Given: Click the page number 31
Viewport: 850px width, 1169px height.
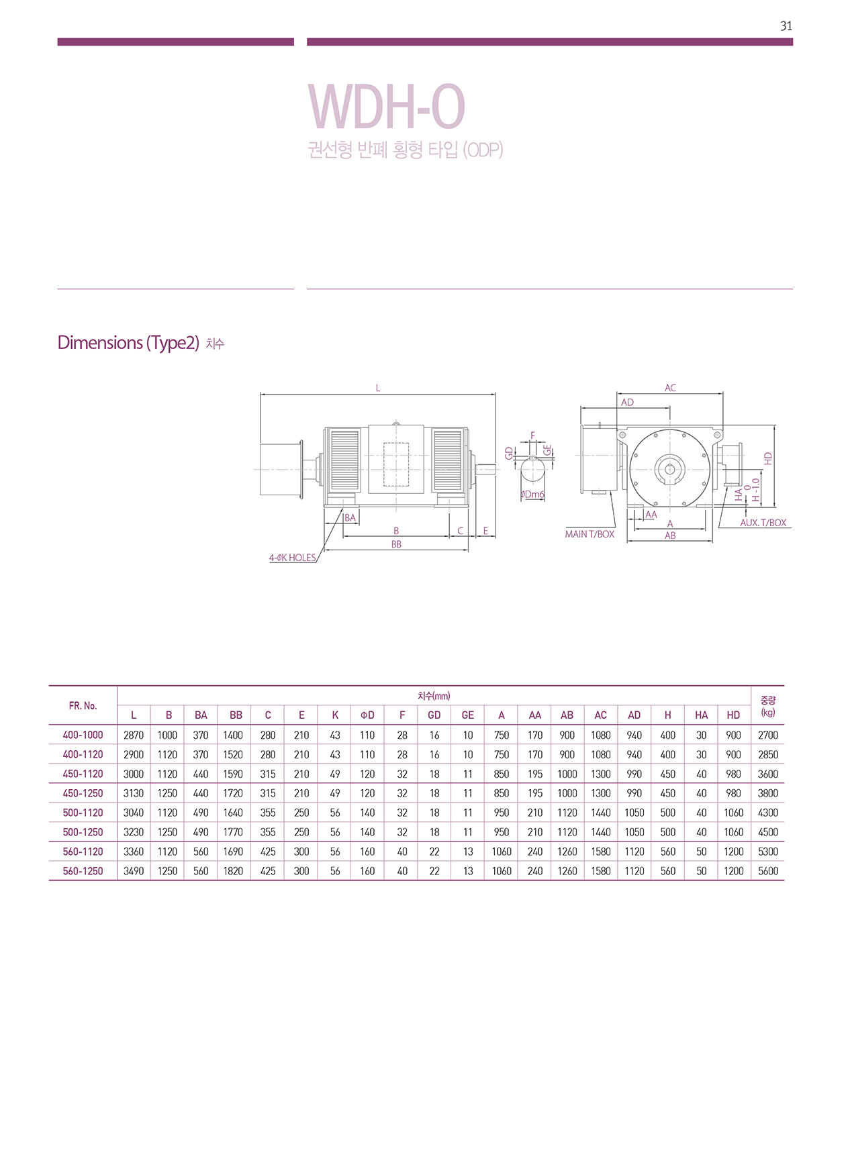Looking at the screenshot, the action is pyautogui.click(x=786, y=26).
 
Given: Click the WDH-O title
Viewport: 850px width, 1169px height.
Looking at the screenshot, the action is pyautogui.click(x=387, y=107).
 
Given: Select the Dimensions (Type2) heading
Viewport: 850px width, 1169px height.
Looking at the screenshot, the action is pyautogui.click(x=128, y=343).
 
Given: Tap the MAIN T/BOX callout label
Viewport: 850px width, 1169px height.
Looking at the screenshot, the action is pyautogui.click(x=589, y=534).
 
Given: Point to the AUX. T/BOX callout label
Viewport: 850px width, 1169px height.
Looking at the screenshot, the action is pyautogui.click(x=763, y=523).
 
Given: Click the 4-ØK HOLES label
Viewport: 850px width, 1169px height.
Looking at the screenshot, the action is pyautogui.click(x=293, y=558).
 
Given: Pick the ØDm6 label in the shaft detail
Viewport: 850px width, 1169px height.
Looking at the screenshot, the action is pyautogui.click(x=533, y=495).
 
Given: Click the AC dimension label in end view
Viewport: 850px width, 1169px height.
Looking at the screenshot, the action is pyautogui.click(x=671, y=388).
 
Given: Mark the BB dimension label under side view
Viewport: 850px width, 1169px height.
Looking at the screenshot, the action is pyautogui.click(x=396, y=544).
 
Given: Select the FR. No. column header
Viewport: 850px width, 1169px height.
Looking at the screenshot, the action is pyautogui.click(x=83, y=705).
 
